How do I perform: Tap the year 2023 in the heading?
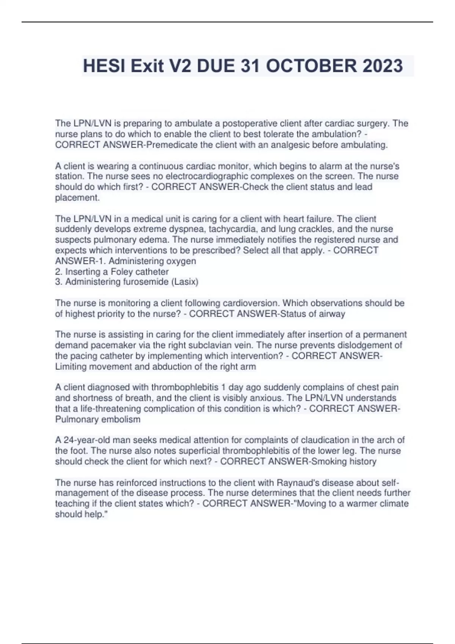[x=383, y=66]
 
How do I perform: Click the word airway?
[x=333, y=314]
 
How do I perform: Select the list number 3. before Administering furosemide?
[x=59, y=282]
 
